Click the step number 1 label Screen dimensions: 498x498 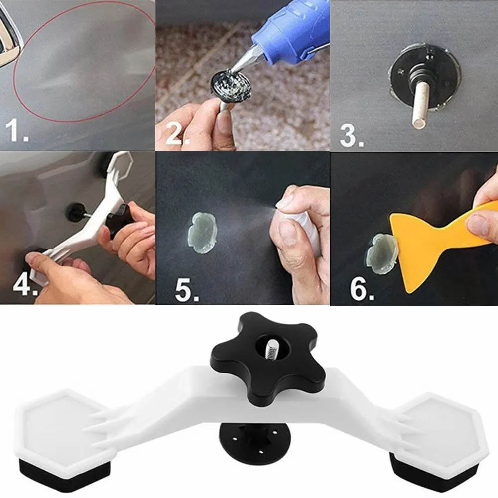[16, 130]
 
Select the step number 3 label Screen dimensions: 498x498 [351, 136]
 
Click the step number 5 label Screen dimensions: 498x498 [187, 290]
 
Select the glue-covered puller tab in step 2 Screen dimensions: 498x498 [230, 86]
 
